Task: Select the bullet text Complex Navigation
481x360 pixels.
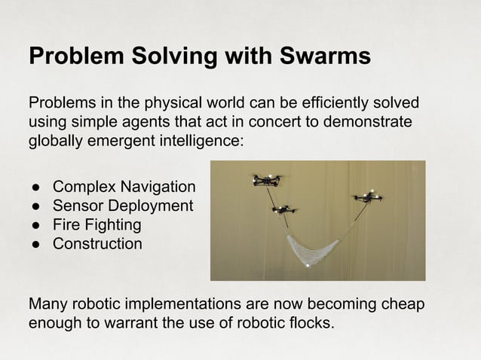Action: (124, 187)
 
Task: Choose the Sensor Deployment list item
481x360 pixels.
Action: (122, 206)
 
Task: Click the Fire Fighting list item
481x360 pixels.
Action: (97, 224)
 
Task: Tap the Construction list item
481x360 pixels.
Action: (97, 243)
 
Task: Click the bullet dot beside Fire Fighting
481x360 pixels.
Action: (35, 224)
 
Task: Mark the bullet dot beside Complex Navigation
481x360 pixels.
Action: (35, 187)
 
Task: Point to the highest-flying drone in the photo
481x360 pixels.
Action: (267, 180)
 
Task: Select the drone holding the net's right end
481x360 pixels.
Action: (368, 197)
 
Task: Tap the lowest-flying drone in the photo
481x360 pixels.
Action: (283, 209)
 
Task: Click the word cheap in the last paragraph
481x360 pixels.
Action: (406, 305)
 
